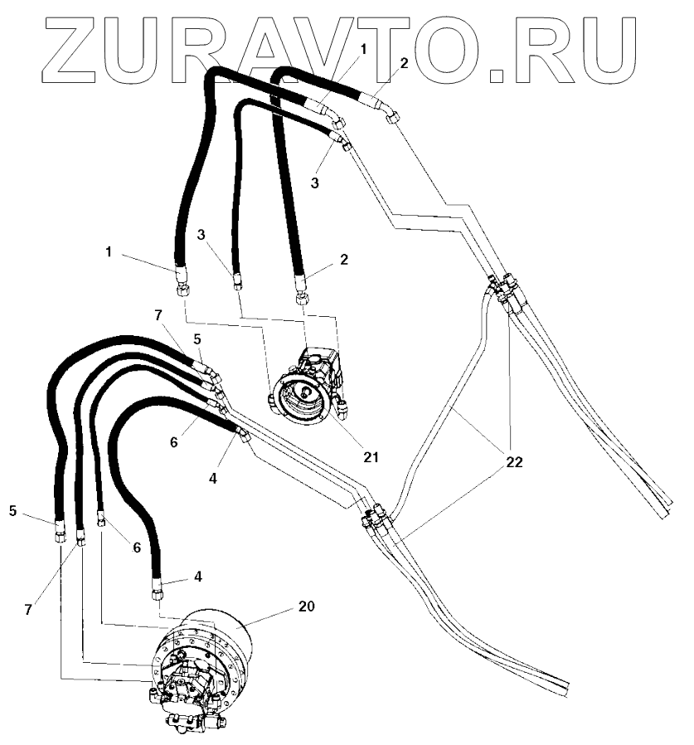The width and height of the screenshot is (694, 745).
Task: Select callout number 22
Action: (514, 463)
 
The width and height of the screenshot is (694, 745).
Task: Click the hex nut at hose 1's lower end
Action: (182, 288)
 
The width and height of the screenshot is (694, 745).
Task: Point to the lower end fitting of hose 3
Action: (238, 283)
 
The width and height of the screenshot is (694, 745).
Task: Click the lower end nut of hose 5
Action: (61, 535)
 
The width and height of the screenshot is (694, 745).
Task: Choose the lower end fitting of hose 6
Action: (100, 520)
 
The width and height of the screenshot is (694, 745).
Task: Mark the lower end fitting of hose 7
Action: (80, 539)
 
